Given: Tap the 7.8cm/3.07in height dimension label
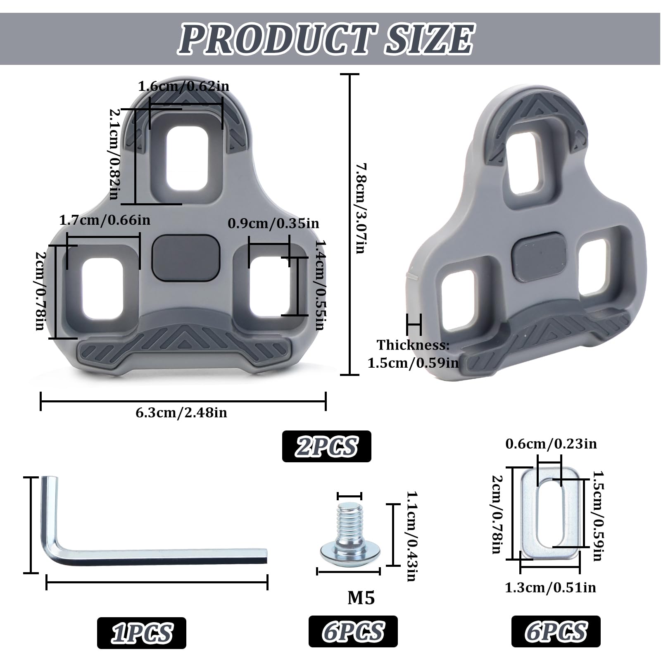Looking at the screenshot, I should click(x=360, y=209).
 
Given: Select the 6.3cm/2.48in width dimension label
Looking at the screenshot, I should click(x=181, y=413).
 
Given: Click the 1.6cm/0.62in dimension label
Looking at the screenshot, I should click(x=183, y=86).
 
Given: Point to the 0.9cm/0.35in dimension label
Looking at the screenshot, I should click(x=273, y=224).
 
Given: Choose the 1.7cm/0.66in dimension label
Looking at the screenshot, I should click(x=105, y=220).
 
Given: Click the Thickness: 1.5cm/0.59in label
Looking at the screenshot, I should click(x=413, y=354).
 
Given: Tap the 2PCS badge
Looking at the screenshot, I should click(x=326, y=447).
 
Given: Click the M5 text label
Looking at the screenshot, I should click(x=361, y=598).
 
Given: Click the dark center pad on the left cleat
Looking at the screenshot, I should click(x=185, y=258).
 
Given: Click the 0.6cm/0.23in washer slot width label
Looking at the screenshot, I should click(x=551, y=444).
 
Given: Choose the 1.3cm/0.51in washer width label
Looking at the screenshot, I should click(x=550, y=587).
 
